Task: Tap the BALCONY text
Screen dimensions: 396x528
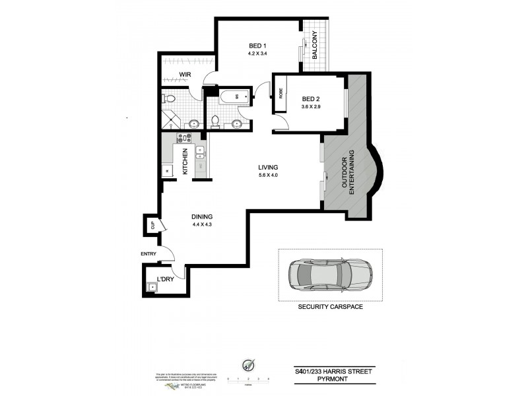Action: [x=315, y=46]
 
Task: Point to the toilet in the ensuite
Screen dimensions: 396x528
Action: [x=170, y=99]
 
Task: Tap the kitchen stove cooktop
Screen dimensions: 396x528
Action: [x=184, y=139]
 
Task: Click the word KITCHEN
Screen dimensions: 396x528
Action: [x=185, y=160]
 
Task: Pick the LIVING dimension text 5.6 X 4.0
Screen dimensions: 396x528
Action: [x=268, y=176]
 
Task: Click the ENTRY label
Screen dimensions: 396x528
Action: [x=149, y=253]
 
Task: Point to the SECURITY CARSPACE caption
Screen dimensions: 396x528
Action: [x=330, y=307]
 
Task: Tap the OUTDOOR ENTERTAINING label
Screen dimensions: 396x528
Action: [x=348, y=171]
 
